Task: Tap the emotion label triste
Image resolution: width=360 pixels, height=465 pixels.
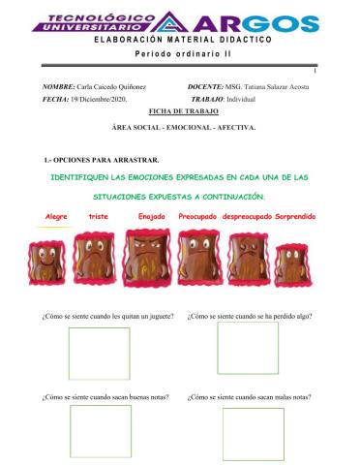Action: coord(98,217)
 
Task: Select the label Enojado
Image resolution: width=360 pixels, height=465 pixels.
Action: coord(153,217)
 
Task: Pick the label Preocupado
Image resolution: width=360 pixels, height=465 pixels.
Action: coord(197,217)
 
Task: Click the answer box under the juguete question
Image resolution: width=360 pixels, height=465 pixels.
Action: coord(99,353)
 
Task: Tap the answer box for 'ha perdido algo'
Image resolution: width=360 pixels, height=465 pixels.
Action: coord(247,348)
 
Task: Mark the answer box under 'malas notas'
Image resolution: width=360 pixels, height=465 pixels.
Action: coord(253,433)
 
